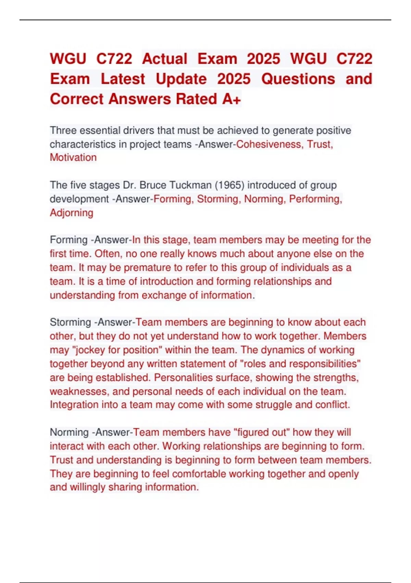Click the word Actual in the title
coord(165,59)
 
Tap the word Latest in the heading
coord(123,79)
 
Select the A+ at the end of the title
coord(232,99)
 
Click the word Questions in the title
coord(298,79)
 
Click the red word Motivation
coord(73,157)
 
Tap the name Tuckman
coord(191,185)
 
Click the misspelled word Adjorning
coord(71,213)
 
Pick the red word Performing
coord(315,199)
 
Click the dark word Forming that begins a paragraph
coord(68,240)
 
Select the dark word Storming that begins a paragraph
coord(70,322)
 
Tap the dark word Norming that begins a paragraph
coord(69,432)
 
